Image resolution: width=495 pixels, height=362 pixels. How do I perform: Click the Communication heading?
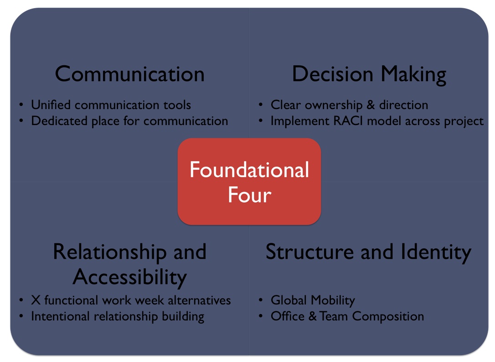pyautogui.click(x=130, y=74)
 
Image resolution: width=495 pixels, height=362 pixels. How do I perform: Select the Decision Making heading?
pyautogui.click(x=369, y=75)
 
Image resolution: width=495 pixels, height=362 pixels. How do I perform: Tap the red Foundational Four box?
pyautogui.click(x=249, y=182)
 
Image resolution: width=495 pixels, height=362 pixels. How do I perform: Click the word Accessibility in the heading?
pyautogui.click(x=130, y=277)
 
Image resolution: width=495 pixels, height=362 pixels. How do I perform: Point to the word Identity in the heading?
pyautogui.click(x=436, y=253)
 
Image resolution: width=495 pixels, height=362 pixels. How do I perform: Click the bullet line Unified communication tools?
pyautogui.click(x=111, y=105)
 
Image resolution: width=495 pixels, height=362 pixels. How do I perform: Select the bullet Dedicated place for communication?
pyautogui.click(x=129, y=121)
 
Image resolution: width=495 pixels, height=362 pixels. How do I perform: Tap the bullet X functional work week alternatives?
pyautogui.click(x=131, y=300)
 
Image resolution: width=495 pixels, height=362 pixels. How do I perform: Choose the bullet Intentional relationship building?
pyautogui.click(x=118, y=316)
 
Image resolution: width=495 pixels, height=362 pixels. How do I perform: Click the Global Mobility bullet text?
pyautogui.click(x=313, y=300)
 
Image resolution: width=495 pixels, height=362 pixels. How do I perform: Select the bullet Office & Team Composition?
pyautogui.click(x=347, y=316)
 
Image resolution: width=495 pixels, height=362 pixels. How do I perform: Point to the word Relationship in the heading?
pyautogui.click(x=109, y=252)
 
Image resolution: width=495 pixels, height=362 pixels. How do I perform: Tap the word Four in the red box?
pyautogui.click(x=249, y=194)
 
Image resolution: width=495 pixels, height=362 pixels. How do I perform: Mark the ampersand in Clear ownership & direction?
pyautogui.click(x=371, y=105)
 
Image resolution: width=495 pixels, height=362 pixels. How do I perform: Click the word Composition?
pyautogui.click(x=388, y=317)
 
